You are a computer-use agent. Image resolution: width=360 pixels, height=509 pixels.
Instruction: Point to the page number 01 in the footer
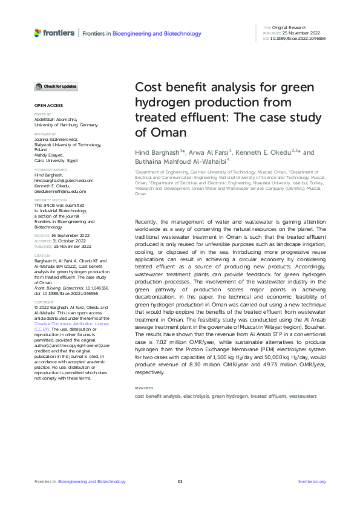pyautogui.click(x=180, y=481)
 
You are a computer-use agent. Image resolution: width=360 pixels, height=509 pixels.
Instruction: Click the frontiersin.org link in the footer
pyautogui.click(x=312, y=481)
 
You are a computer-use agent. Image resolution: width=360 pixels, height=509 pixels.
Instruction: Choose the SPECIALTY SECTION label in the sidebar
pyautogui.click(x=50, y=199)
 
